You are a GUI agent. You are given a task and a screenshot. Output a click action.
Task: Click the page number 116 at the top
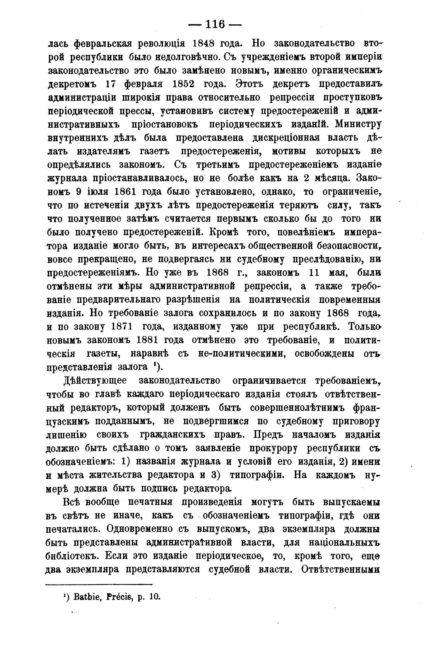(215, 24)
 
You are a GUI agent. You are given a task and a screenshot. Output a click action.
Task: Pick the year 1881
(152, 340)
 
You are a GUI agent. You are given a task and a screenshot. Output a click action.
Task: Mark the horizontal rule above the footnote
(99, 584)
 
